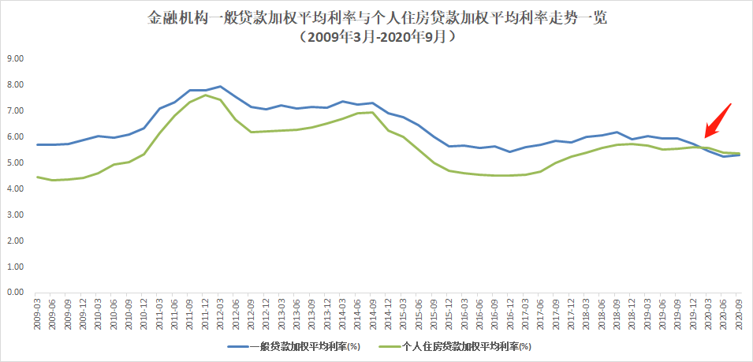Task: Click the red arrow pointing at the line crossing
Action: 718,120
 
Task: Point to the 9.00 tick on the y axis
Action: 16,58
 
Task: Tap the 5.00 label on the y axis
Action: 16,162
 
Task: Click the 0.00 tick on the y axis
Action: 16,293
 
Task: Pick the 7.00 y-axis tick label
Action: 16,110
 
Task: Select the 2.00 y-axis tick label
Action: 16,241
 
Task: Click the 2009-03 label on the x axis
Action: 37,312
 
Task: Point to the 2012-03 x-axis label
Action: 221,312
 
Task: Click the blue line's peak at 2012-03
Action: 220,87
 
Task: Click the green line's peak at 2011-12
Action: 205,95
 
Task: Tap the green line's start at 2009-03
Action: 37,177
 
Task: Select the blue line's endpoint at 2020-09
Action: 740,155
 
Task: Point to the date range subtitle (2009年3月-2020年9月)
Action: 377,37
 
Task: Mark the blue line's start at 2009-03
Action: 37,144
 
